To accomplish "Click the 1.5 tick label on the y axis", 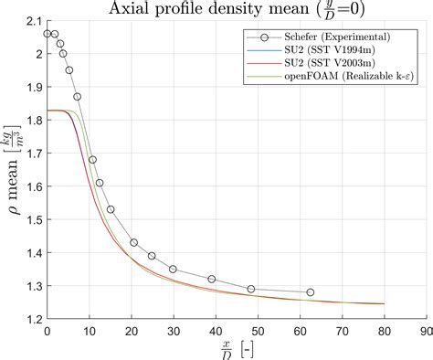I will click(x=32, y=219).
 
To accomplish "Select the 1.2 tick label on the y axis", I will click(x=32, y=318).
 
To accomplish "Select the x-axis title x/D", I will click(x=227, y=350).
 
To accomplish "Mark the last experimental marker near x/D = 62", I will click(x=311, y=292).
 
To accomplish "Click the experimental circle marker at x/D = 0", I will click(x=48, y=34).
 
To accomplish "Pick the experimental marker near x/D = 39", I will click(x=212, y=279).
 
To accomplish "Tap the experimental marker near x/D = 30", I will click(x=173, y=269).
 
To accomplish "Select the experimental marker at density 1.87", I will click(x=78, y=96).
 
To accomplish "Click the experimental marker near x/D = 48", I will click(x=251, y=289).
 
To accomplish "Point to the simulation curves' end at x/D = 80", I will click(x=385, y=304).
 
